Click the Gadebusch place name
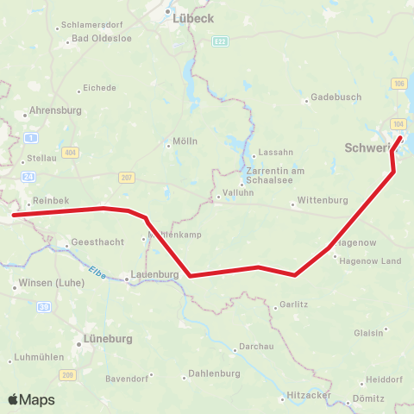click(x=336, y=97)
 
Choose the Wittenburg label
click(x=322, y=201)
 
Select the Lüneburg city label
click(x=108, y=339)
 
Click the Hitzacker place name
click(x=309, y=392)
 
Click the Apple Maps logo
click(x=32, y=399)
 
